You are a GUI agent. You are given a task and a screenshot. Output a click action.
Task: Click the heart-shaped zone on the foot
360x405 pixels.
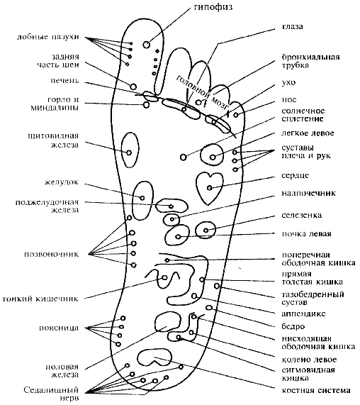(210, 184)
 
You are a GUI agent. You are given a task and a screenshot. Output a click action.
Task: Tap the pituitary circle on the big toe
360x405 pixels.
(147, 45)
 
